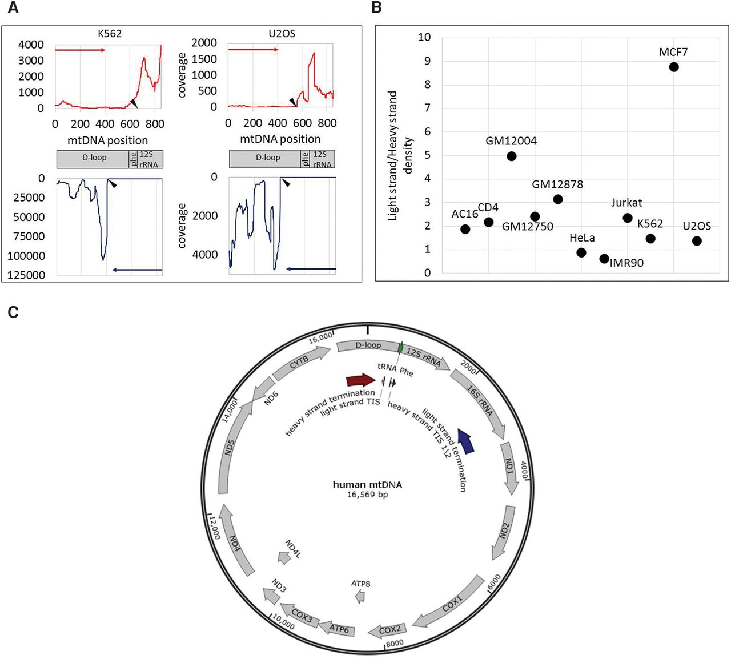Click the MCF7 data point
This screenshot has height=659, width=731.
(x=674, y=67)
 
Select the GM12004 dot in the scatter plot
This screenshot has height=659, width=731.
(x=511, y=156)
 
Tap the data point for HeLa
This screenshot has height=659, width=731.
(x=581, y=252)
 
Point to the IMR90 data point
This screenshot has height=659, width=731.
(x=604, y=259)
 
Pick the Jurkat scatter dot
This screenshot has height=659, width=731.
(x=628, y=218)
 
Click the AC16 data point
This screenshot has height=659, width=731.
(x=465, y=229)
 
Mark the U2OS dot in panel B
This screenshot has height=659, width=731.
(x=697, y=241)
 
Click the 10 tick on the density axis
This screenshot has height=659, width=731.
(x=424, y=37)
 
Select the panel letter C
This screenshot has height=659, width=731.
(x=13, y=312)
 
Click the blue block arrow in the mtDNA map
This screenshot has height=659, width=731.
(x=466, y=441)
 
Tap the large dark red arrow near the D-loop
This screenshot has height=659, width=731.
(x=361, y=380)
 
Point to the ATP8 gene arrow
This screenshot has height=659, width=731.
(x=360, y=597)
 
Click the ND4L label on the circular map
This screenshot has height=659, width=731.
(x=292, y=549)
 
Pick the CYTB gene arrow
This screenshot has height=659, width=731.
(x=300, y=363)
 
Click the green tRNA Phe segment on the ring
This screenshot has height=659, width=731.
(x=400, y=348)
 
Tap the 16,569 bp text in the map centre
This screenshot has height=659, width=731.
(x=367, y=495)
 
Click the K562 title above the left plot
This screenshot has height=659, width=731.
(x=110, y=34)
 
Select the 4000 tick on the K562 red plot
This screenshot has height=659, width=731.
(x=31, y=45)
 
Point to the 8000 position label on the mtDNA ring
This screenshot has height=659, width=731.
(x=395, y=644)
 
